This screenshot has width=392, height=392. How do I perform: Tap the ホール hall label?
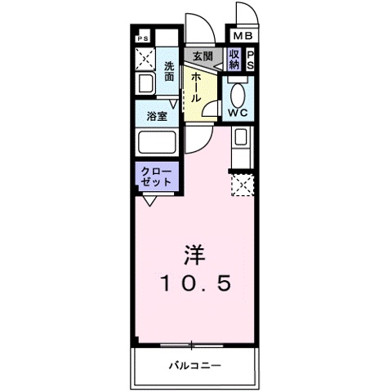click(x=197, y=85)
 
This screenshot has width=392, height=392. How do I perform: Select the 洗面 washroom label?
click(x=169, y=71)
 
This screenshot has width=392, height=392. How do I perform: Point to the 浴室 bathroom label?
click(x=157, y=117)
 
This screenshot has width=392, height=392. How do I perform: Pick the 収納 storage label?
click(x=234, y=59)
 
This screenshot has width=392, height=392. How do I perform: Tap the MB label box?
click(x=243, y=37)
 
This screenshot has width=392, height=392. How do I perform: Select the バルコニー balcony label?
click(x=196, y=364)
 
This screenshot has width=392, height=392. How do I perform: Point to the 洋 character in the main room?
click(x=196, y=253)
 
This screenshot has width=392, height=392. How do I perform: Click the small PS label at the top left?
click(x=144, y=38)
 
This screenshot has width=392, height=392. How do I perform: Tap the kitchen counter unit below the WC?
click(x=243, y=147)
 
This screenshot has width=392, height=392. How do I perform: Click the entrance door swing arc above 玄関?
click(x=196, y=29)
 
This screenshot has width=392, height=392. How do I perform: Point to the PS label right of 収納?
click(x=251, y=59)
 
